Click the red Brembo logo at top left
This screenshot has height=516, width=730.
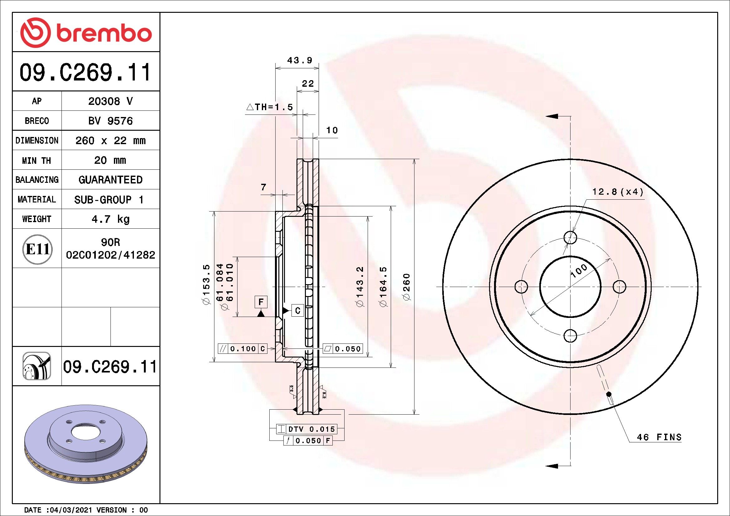click(x=86, y=33)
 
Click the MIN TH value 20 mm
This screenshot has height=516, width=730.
click(x=110, y=160)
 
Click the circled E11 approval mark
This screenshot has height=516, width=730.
click(x=37, y=249)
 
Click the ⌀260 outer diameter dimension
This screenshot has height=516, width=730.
click(x=407, y=287)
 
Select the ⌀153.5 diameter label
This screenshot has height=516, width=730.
click(x=206, y=285)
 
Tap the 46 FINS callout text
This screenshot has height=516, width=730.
click(x=659, y=437)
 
